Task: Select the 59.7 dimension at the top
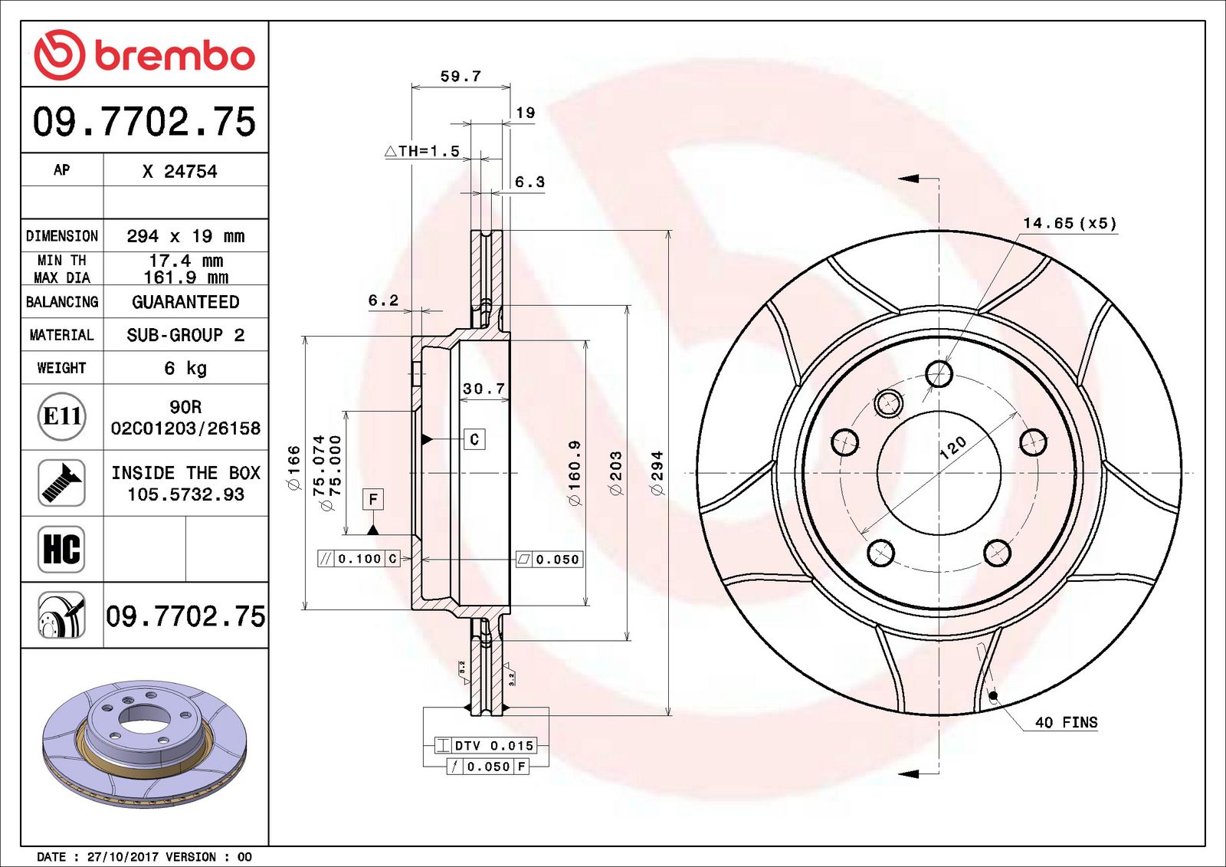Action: click(461, 76)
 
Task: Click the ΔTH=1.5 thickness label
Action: click(422, 151)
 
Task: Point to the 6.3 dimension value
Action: click(529, 182)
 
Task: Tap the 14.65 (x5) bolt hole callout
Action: click(1070, 223)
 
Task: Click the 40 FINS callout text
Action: click(1066, 722)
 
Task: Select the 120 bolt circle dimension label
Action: click(952, 448)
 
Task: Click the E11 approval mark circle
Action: click(61, 416)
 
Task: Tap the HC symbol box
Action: click(61, 549)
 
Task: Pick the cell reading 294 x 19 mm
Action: click(185, 236)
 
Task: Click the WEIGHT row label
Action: click(61, 368)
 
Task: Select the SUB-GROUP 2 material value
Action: click(185, 335)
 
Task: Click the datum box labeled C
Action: click(474, 439)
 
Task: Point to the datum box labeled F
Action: click(373, 499)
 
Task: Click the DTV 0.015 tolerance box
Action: click(486, 745)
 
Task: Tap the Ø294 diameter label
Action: click(657, 472)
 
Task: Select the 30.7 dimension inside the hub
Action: click(484, 389)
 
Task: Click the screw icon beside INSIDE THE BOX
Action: click(61, 483)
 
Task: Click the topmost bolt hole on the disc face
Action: click(939, 374)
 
